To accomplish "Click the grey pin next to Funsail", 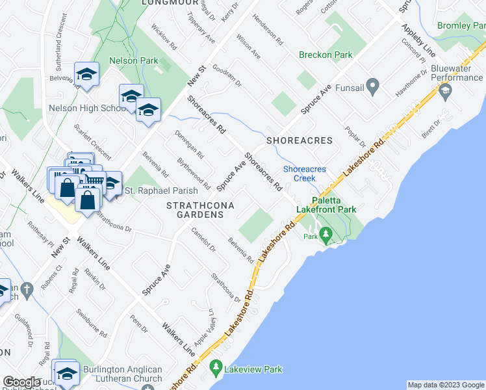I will tap(372, 86).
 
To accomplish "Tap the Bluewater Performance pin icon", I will tap(445, 92).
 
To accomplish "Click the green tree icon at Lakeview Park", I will tap(216, 369).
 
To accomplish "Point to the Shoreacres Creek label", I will tap(300, 174).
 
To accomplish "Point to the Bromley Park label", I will tap(462, 25).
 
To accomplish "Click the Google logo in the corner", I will tap(21, 382).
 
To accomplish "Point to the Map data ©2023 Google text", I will tap(445, 385).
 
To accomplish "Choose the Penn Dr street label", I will tap(139, 324).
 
